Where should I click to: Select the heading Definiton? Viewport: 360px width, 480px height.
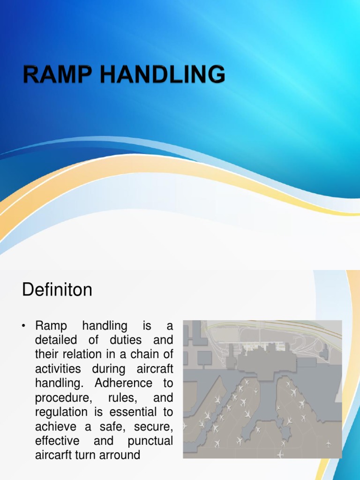point(57,290)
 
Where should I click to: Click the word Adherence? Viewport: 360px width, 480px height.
point(124,383)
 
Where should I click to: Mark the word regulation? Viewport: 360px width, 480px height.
point(61,412)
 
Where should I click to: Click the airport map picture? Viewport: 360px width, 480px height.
point(262,389)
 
